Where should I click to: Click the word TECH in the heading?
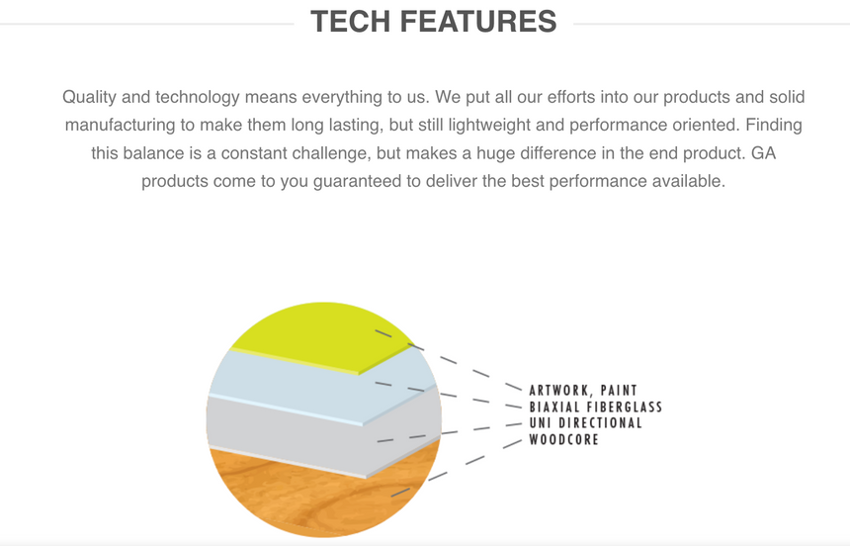pyautogui.click(x=350, y=21)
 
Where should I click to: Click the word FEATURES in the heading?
pyautogui.click(x=478, y=21)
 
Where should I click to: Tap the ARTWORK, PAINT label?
pyautogui.click(x=583, y=391)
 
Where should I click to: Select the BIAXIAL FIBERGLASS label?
pyautogui.click(x=596, y=407)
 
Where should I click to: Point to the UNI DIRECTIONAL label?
pyautogui.click(x=585, y=422)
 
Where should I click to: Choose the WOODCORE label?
pyautogui.click(x=563, y=439)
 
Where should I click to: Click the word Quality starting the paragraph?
pyautogui.click(x=89, y=97)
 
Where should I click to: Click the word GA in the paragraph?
pyautogui.click(x=763, y=153)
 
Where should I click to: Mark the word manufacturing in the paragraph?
pyautogui.click(x=121, y=125)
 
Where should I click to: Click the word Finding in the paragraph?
pyautogui.click(x=774, y=125)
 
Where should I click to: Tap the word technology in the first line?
pyautogui.click(x=198, y=97)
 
